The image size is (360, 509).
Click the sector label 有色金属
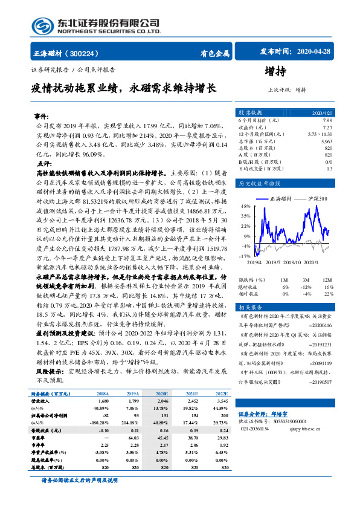(x=214, y=53)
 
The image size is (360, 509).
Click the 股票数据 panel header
(x=249, y=112)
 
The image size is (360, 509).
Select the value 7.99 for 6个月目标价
(x=327, y=121)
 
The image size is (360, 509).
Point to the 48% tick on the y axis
(x=245, y=206)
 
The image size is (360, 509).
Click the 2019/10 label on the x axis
(x=292, y=262)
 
